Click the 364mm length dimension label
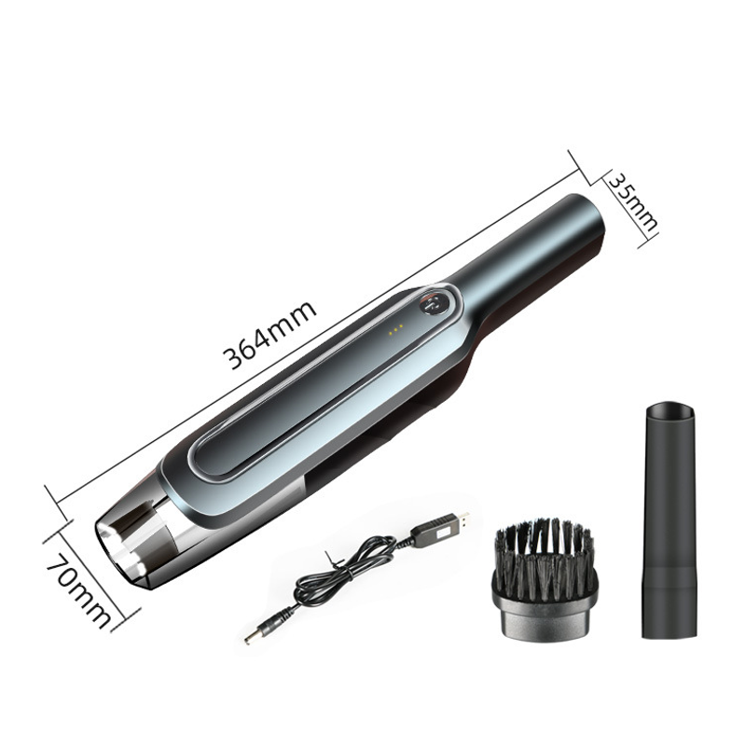[x=270, y=335]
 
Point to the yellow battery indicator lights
[x=395, y=329]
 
